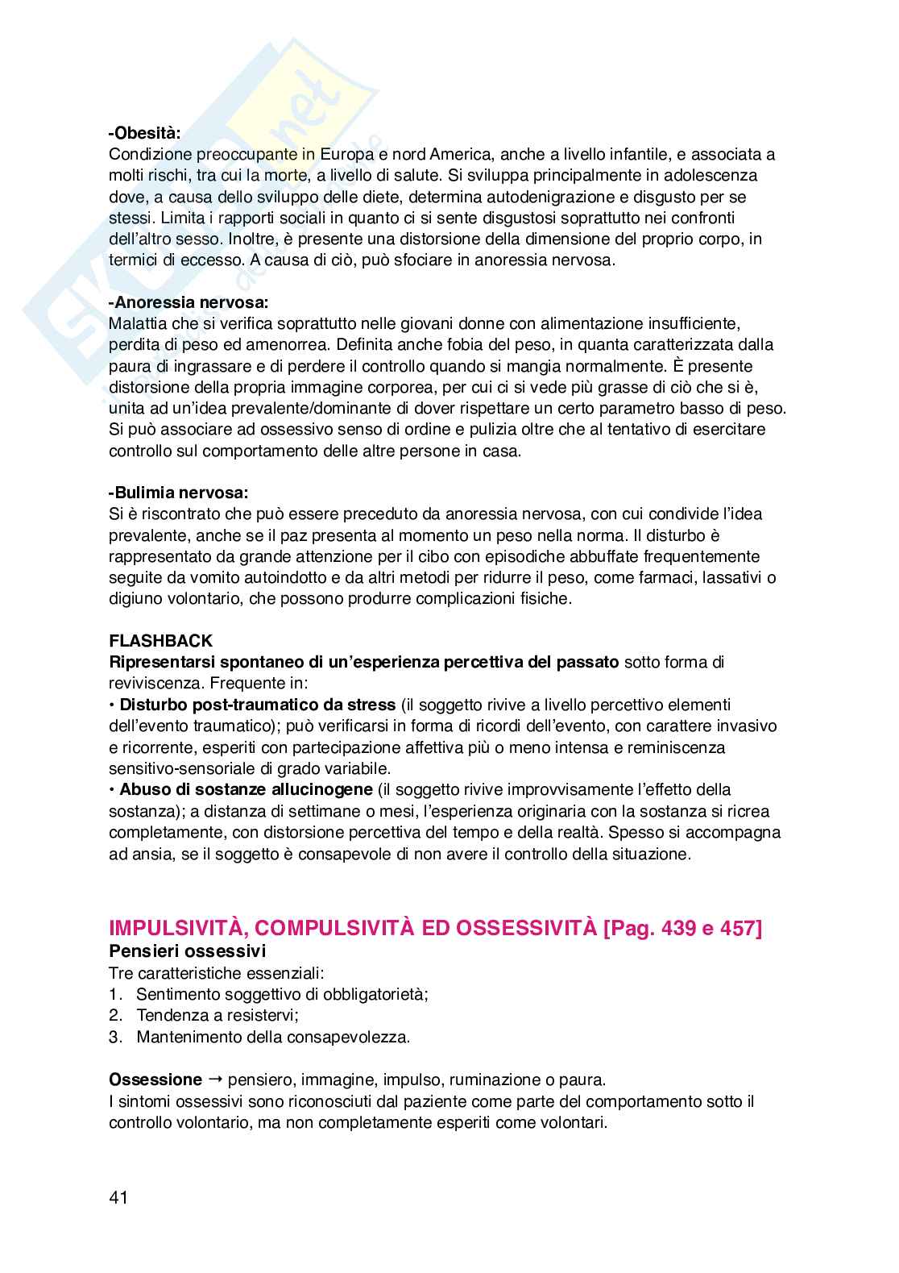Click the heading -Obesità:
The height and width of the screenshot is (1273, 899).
pos(145,133)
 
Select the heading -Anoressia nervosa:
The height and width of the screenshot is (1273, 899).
pos(188,302)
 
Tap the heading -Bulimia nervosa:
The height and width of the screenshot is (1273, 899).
pos(179,493)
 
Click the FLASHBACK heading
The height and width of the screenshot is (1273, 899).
pos(161,641)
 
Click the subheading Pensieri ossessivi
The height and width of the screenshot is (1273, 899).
pos(187,951)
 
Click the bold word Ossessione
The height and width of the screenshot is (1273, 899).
pos(155,1080)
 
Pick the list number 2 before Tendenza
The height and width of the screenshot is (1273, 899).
pos(114,1016)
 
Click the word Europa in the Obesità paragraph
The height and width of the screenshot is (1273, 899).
pos(341,154)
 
